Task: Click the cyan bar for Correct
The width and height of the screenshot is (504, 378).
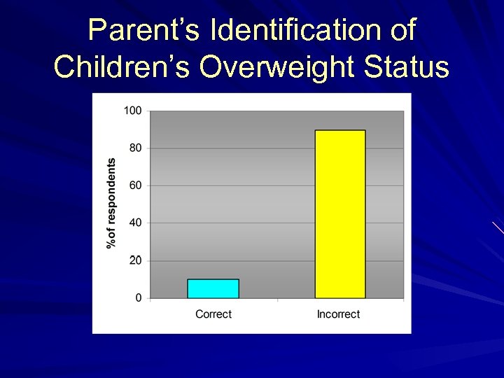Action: (213, 288)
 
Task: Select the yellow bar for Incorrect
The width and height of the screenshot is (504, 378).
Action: (340, 214)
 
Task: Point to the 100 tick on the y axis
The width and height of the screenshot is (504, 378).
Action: (132, 111)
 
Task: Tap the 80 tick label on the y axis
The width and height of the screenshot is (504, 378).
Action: (135, 148)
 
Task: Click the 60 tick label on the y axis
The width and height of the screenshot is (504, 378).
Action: (135, 185)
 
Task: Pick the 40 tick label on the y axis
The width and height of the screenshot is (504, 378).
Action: (135, 223)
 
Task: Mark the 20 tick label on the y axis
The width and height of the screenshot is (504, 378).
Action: (135, 260)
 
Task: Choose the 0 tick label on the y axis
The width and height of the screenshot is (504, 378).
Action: (138, 298)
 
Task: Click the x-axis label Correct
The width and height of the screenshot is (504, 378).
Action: (213, 314)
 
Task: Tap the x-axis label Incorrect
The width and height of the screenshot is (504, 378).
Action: (338, 314)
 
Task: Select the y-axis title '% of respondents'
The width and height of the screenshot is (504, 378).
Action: (111, 203)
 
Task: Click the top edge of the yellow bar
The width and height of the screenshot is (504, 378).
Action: (340, 131)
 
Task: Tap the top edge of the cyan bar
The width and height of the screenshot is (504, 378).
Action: (213, 279)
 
